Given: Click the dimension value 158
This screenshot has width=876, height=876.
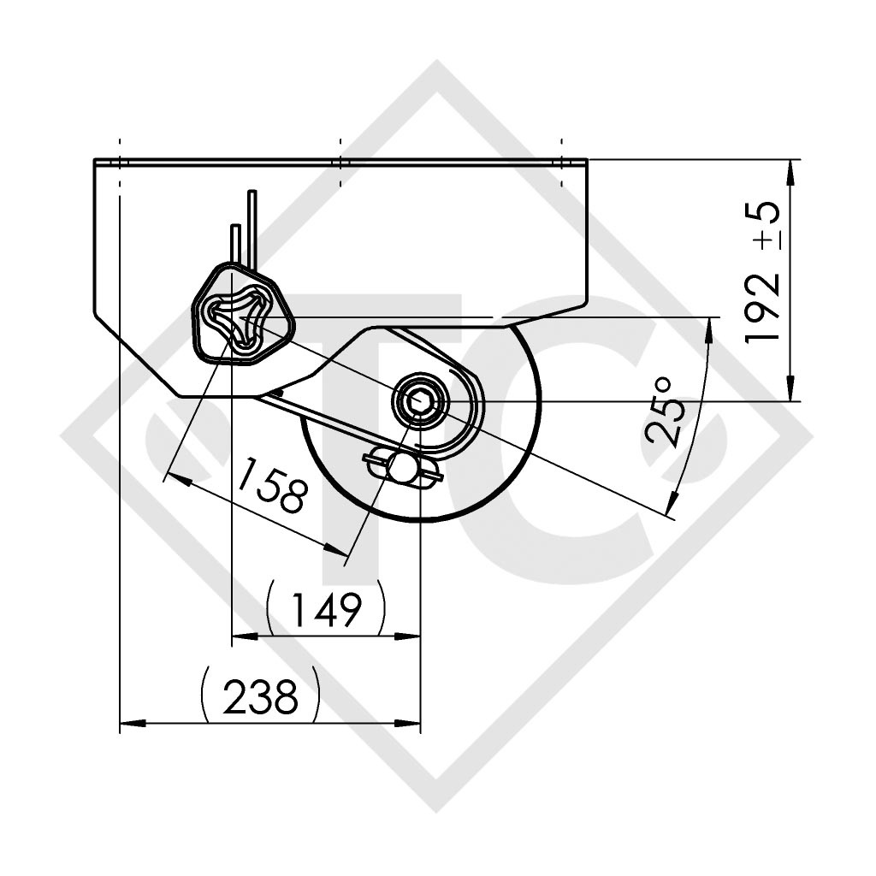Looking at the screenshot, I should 272,484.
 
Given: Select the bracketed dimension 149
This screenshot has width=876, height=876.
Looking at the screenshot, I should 326,610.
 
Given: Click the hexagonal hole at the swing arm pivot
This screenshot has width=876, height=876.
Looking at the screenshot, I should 418,399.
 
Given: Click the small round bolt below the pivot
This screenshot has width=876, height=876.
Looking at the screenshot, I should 402,466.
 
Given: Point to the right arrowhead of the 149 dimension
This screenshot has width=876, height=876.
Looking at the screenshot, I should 413,636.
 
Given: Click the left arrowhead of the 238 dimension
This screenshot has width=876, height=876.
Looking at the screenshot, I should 127,723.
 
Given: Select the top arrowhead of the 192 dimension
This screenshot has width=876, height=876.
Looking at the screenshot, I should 790,168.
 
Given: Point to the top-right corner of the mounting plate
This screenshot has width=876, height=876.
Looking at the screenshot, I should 587,160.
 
